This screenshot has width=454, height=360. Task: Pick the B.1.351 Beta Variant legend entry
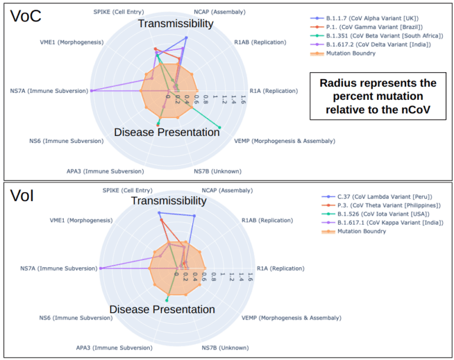(381, 35)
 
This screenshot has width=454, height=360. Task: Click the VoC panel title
(26, 16)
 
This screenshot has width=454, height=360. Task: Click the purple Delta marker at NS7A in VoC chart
(92, 90)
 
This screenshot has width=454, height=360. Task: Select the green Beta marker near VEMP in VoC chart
(220, 127)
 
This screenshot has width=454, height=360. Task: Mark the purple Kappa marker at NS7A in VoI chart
(101, 268)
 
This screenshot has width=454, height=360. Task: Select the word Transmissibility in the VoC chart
(176, 24)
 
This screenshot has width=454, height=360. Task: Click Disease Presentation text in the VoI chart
(162, 309)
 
